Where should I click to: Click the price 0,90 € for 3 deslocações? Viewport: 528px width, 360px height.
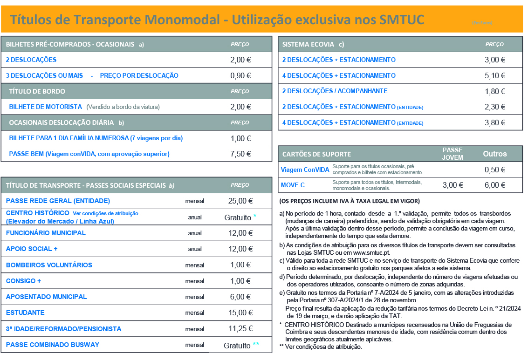(240, 75)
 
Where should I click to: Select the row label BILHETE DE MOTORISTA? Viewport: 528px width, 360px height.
(46, 107)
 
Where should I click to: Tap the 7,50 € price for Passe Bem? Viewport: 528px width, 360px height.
(240, 154)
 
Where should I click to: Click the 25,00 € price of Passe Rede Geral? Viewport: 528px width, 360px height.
(240, 201)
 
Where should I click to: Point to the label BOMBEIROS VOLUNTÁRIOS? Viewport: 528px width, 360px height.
(49, 265)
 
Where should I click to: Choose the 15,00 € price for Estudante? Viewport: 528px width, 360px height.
(240, 312)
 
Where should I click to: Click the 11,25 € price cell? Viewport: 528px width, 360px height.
(240, 329)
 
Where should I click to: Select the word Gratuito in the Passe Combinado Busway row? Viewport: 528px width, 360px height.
(237, 345)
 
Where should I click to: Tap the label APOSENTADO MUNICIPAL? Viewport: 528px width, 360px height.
(46, 297)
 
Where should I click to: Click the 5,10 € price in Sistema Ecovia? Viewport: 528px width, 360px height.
(495, 75)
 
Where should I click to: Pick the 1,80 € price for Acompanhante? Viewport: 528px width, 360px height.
(495, 91)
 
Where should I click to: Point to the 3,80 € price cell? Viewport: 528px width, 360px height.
(495, 122)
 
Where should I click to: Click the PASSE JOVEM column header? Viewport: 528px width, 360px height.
(453, 154)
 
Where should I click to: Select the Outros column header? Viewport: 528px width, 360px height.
(495, 154)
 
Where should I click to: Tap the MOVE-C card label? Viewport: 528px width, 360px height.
(293, 185)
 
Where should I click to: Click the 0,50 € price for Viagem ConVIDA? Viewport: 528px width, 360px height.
(495, 170)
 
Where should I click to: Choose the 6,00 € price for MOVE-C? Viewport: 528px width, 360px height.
(495, 185)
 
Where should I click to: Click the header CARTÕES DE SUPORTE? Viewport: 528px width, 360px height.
(316, 154)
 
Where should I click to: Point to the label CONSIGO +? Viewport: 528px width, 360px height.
(24, 281)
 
